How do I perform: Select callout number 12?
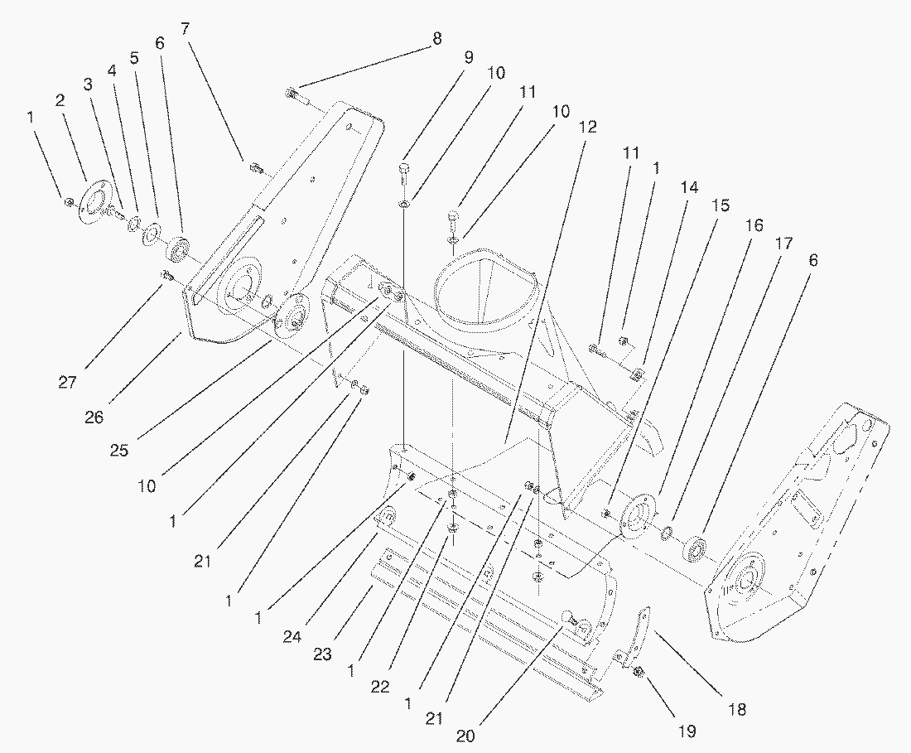tap(588, 128)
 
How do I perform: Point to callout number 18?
tap(737, 709)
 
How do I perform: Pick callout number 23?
tap(323, 654)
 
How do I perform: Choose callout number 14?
tap(689, 188)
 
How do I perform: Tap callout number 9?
tap(468, 59)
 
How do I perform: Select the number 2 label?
tap(60, 99)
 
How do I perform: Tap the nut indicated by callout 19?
tap(639, 672)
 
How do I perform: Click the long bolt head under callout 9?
tap(404, 171)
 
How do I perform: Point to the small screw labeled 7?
tap(256, 169)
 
